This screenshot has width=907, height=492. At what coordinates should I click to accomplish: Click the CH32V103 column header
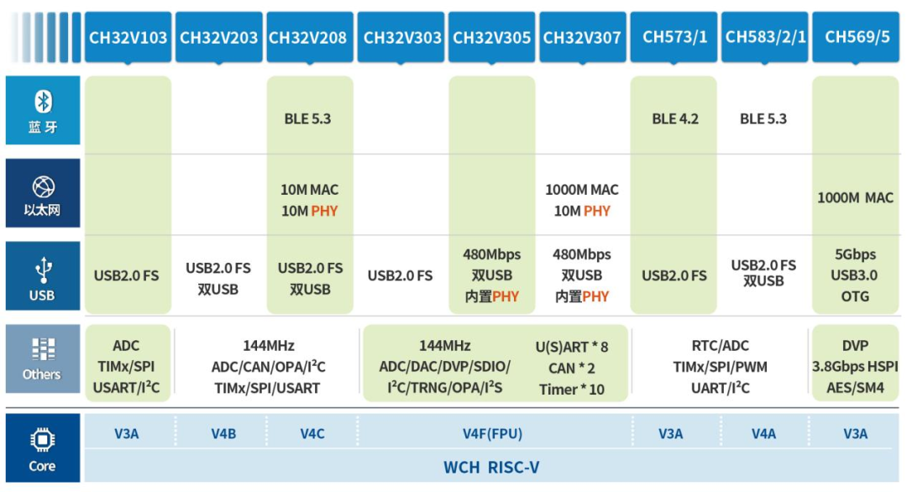click(x=128, y=37)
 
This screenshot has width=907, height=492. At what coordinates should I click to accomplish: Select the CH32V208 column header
click(x=309, y=37)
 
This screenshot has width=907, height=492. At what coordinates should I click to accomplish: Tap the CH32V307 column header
click(x=582, y=37)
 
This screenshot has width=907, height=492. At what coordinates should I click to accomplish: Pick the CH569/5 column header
click(x=856, y=37)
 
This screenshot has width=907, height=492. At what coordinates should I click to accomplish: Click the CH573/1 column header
click(x=674, y=37)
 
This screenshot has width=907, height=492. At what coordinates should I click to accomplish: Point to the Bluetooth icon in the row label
click(x=43, y=102)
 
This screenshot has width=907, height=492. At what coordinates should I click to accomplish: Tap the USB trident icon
click(x=43, y=270)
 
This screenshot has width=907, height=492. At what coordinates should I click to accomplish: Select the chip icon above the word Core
click(x=42, y=440)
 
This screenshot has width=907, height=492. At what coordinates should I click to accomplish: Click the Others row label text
click(x=42, y=374)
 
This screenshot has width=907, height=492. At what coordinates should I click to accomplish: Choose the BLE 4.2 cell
click(x=675, y=119)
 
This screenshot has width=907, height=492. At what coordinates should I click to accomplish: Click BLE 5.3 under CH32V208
click(x=307, y=119)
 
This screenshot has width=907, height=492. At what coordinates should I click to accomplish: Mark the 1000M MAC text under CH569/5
click(x=855, y=198)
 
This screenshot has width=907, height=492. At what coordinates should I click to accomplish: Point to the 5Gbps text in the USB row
click(x=855, y=254)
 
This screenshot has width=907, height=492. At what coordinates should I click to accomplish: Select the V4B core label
click(x=223, y=434)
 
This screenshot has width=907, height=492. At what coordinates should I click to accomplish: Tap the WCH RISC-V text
click(x=491, y=467)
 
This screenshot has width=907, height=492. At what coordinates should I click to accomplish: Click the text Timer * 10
click(x=571, y=390)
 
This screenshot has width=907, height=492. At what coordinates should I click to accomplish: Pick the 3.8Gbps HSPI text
click(x=855, y=367)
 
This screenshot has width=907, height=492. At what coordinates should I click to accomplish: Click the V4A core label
click(x=763, y=434)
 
